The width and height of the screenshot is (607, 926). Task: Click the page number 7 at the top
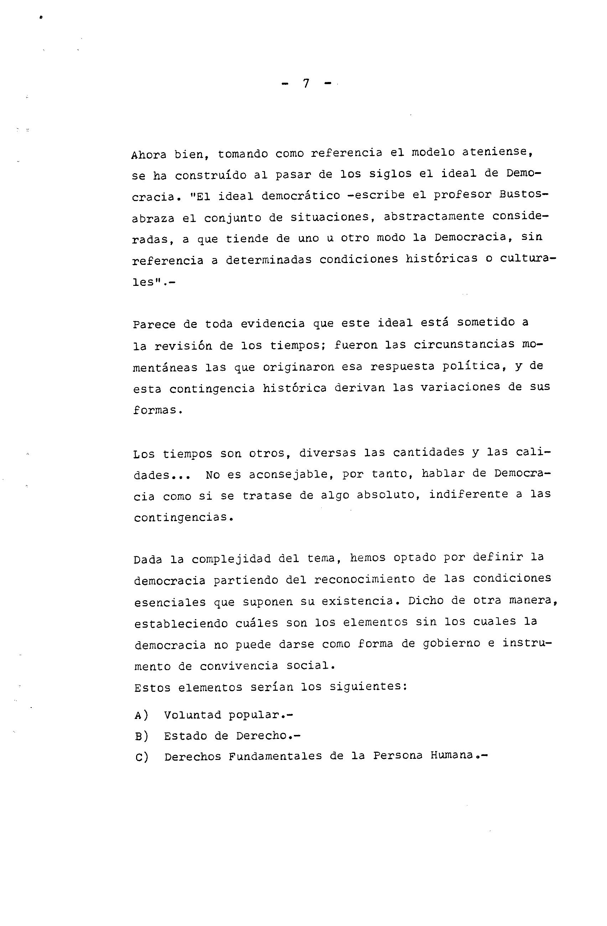click(x=306, y=84)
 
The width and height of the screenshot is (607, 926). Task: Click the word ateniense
click(x=497, y=152)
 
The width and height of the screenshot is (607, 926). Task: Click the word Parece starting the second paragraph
click(x=154, y=324)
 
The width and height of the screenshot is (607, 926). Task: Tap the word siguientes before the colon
click(x=365, y=687)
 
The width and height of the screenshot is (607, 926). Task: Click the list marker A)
click(x=141, y=715)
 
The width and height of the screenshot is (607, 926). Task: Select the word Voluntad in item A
click(x=192, y=715)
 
